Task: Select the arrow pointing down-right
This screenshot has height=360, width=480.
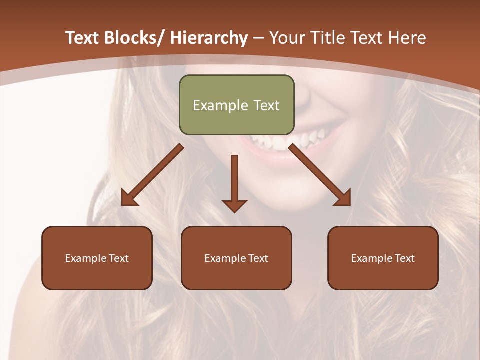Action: tap(320, 175)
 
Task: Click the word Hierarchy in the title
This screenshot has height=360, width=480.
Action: tap(209, 38)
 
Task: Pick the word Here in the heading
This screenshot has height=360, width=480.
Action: tap(408, 38)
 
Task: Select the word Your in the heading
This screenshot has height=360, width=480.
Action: tap(287, 38)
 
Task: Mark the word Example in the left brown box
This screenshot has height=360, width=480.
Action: tap(85, 258)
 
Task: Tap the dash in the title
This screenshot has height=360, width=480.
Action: tap(258, 38)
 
